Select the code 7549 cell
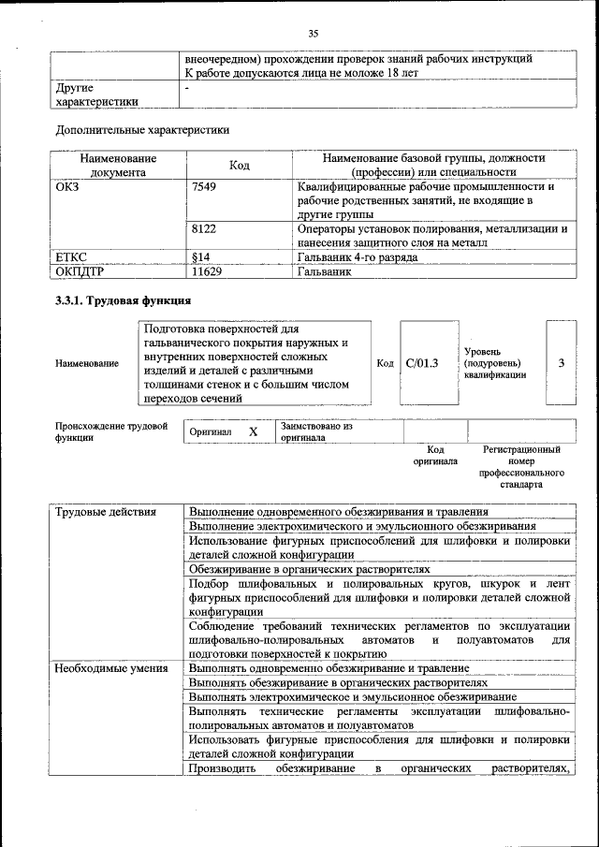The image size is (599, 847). click(x=203, y=186)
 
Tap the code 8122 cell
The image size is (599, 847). click(x=203, y=228)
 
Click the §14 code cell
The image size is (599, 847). click(x=199, y=256)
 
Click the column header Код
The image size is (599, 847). click(x=239, y=166)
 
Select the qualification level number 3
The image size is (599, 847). click(x=561, y=363)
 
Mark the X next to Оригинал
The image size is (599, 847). click(x=253, y=431)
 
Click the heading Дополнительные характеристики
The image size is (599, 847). click(x=142, y=130)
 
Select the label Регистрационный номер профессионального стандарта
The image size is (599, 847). click(x=521, y=468)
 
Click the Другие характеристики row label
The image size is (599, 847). click(x=97, y=95)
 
